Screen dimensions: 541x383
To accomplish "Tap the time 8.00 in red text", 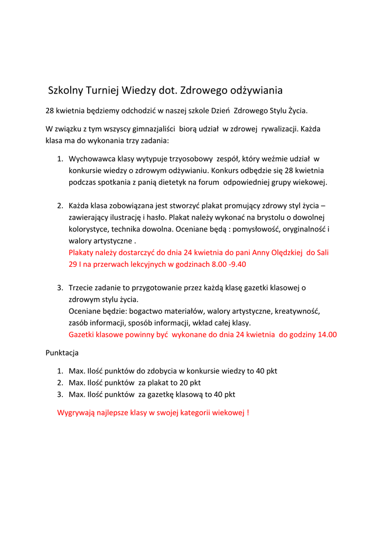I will [210, 264].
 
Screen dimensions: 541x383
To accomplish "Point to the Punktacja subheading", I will [62, 351].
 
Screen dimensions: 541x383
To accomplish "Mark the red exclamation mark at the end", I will [248, 412].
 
